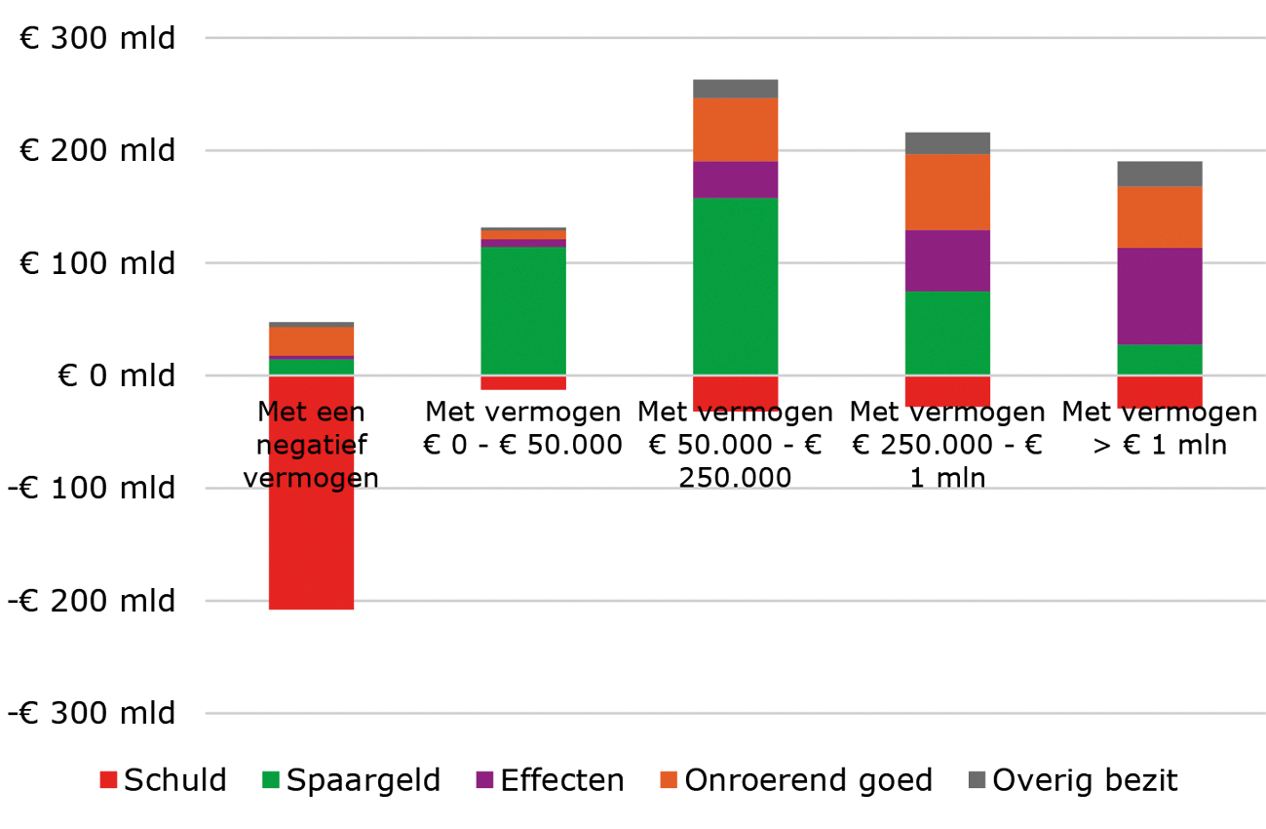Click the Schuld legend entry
coord(164,780)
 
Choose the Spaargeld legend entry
coord(352,780)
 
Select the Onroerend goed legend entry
coord(796,780)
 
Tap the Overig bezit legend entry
coord(1073,780)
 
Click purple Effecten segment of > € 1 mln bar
coord(1159,296)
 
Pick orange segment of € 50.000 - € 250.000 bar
coord(735,129)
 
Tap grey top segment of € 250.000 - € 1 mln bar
coord(947,142)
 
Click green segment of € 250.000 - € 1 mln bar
coord(947,333)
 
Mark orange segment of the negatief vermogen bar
coord(311,341)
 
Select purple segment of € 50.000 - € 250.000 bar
coord(735,179)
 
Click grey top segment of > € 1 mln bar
coord(1159,173)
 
